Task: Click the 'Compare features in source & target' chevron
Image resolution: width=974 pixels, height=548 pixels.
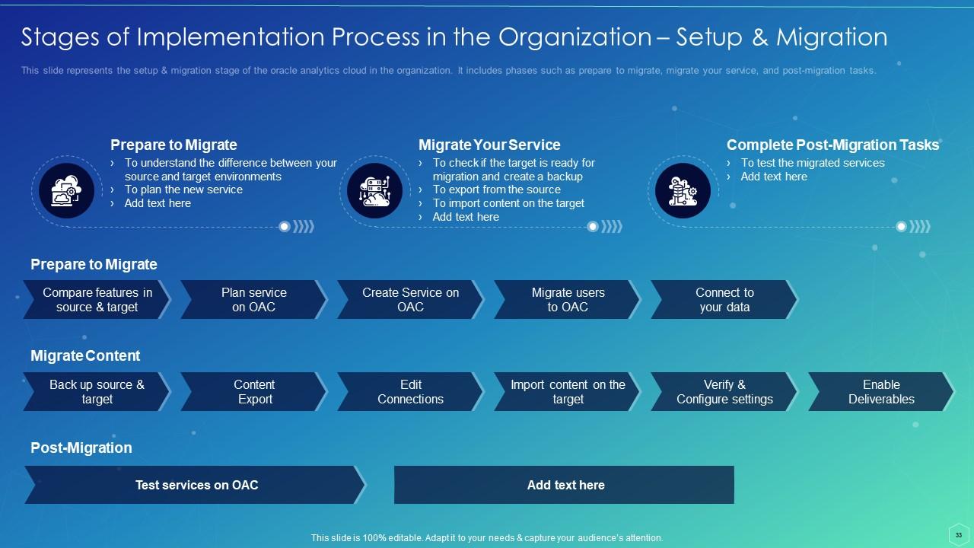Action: pos(97,300)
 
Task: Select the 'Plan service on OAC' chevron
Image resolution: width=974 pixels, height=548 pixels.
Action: pos(254,300)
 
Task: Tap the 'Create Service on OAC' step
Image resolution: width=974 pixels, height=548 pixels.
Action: pos(410,300)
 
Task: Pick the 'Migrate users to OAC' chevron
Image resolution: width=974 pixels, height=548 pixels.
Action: pos(568,300)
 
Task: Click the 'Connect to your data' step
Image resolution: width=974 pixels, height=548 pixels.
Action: pos(724,300)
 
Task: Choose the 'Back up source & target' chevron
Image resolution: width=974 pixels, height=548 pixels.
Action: pos(97,391)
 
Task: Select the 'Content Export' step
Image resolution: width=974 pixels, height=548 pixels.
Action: pos(254,391)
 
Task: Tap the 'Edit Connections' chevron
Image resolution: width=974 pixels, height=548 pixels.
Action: pos(410,391)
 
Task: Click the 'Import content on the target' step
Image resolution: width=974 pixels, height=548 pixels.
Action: pos(568,391)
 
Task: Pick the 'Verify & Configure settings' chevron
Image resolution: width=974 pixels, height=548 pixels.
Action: pos(724,391)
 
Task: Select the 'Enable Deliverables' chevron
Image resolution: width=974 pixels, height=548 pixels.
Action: pos(881,391)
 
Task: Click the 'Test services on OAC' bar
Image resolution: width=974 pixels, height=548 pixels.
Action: pos(196,485)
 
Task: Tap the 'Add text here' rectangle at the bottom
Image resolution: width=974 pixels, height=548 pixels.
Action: pos(564,485)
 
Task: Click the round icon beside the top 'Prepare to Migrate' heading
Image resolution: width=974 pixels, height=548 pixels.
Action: pos(66,190)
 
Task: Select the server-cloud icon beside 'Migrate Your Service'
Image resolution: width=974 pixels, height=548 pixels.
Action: pos(375,190)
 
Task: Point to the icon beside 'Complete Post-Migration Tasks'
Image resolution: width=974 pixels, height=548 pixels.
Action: pos(683,190)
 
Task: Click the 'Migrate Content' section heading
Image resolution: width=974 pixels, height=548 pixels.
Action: pos(85,355)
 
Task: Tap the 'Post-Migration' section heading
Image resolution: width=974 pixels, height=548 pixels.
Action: pos(81,448)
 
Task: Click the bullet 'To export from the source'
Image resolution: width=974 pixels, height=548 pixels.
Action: pos(497,190)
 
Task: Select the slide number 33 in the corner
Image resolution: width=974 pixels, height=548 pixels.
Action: pos(958,535)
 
